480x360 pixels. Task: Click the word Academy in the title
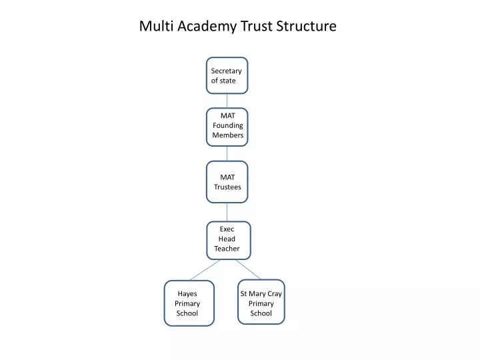pos(197,27)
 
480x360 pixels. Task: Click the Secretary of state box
pos(227,75)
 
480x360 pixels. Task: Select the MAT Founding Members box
pos(227,126)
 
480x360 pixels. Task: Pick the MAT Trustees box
pos(227,181)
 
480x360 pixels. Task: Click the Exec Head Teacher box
pos(227,239)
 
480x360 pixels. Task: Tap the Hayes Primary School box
pos(189,303)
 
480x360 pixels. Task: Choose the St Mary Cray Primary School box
pos(261,302)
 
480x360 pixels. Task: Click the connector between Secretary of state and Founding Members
pos(227,101)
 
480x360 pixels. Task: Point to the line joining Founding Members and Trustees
pos(227,153)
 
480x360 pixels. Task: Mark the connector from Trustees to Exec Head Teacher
pos(227,211)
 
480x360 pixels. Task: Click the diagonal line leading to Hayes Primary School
pos(205,269)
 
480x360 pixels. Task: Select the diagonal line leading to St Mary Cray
pos(247,269)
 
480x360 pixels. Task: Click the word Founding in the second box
pos(227,125)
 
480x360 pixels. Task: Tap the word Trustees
pos(227,187)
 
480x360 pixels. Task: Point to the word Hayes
pos(187,294)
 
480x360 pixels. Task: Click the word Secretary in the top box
pos(226,71)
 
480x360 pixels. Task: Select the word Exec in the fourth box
pos(227,229)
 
